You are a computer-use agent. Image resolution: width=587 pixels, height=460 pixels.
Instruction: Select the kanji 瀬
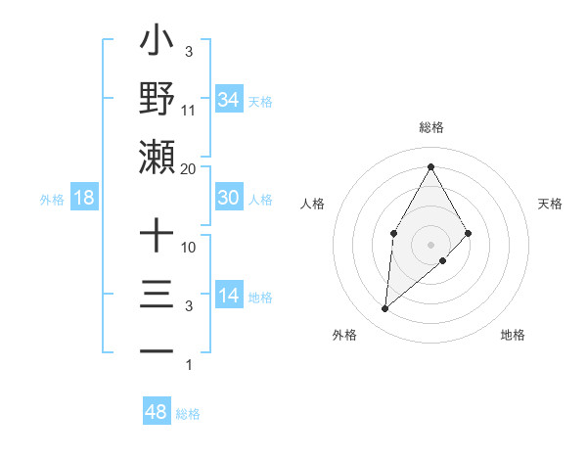pos(158,157)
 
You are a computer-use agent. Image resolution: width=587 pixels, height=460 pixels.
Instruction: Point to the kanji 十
pos(158,237)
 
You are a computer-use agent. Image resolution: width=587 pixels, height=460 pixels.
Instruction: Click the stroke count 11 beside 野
pos(189,110)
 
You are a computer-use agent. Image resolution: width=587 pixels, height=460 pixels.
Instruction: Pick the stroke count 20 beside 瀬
pos(189,168)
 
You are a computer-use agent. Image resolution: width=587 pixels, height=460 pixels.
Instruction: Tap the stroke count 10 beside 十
pos(189,248)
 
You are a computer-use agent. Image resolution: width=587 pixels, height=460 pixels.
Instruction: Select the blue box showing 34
pos(228,100)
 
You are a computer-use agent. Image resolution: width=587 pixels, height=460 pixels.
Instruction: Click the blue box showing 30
pos(228,198)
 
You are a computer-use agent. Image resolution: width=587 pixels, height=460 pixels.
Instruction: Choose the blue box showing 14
pos(228,297)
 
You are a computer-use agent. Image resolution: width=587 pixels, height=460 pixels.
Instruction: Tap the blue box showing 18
pos(84,198)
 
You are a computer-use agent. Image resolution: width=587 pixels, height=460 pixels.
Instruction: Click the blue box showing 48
pos(157,412)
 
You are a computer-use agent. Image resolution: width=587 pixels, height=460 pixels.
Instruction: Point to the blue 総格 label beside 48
pos(188,414)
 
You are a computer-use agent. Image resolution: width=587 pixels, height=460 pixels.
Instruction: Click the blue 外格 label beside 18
pos(52,200)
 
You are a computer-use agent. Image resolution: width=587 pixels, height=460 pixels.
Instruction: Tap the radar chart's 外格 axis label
pos(344,335)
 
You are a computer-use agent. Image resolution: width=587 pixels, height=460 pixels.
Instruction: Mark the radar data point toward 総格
pos(430,165)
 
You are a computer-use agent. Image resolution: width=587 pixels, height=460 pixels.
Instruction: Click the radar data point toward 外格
pos(385,309)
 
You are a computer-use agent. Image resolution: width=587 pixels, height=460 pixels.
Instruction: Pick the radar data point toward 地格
pos(443,260)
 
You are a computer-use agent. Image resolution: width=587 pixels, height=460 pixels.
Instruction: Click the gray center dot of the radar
pos(430,244)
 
